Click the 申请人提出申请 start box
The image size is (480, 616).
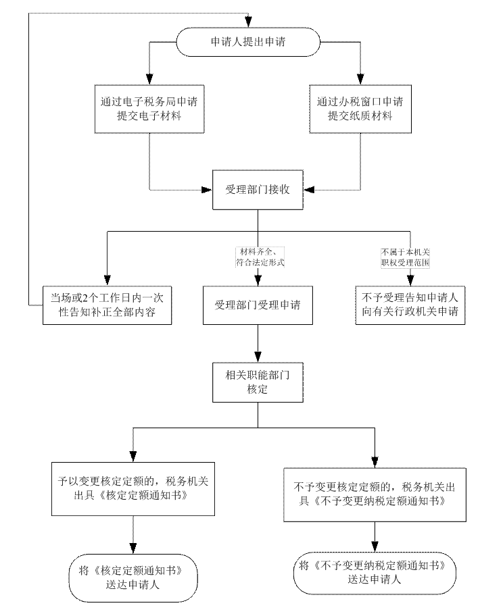(x=248, y=42)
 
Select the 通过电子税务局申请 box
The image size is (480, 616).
(x=149, y=109)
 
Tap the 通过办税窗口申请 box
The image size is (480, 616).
(x=360, y=109)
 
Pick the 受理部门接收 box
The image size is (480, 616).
(x=258, y=190)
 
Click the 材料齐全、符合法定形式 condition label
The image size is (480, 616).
(x=260, y=257)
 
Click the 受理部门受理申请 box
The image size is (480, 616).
(x=258, y=305)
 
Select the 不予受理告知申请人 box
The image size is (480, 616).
(x=410, y=305)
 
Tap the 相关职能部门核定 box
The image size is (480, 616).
(x=258, y=381)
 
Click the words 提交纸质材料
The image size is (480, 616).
(x=360, y=116)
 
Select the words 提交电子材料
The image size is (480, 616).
(x=149, y=116)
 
